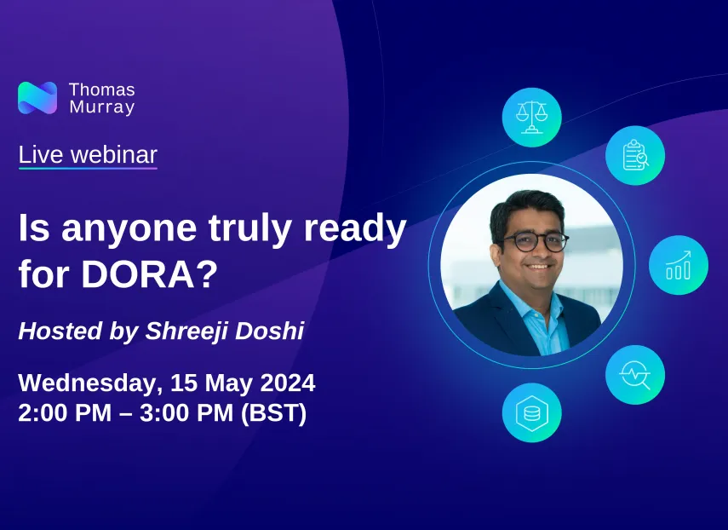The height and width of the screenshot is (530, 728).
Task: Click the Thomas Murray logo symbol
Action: click(37, 98)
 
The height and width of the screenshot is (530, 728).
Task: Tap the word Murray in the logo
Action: click(102, 107)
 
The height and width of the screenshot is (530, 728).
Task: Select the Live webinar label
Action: click(88, 155)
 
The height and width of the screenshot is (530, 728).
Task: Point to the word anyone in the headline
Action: click(129, 230)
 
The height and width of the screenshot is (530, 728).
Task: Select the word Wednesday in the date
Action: click(88, 383)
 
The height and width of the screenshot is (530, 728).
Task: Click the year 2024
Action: click(288, 383)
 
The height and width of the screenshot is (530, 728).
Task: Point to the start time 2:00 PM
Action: click(65, 412)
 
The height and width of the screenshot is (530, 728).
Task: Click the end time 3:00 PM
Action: click(186, 412)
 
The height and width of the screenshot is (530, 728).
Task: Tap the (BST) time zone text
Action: click(274, 413)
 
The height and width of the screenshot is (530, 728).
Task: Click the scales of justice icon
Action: click(532, 117)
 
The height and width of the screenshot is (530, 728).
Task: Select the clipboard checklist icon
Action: click(635, 155)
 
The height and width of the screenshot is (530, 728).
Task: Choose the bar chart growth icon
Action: click(679, 265)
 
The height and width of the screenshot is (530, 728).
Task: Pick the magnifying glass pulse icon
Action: click(635, 374)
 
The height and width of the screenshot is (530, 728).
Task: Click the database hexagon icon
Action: click(532, 412)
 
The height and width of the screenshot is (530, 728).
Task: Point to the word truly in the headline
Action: click(249, 229)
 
